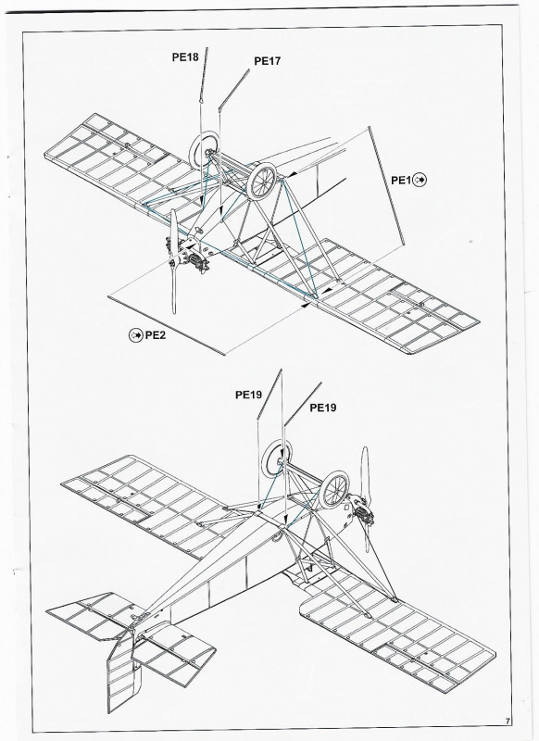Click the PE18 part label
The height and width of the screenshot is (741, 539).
coord(185,57)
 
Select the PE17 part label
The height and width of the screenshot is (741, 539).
coord(268,61)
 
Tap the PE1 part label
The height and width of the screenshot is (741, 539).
coord(401,180)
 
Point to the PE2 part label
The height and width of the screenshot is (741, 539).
coord(156,335)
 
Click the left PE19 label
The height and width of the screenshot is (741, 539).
coord(248,395)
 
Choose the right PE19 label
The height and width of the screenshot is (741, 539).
coord(323,408)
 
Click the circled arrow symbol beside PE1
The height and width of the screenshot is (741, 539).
coord(420,180)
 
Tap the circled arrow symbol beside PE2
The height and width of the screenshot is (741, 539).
coord(135,335)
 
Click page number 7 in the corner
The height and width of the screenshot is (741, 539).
coord(508,722)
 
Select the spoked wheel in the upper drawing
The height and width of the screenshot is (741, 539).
coord(263,181)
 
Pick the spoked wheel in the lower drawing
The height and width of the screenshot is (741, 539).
coord(334,490)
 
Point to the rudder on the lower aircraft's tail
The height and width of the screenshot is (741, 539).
coord(124,671)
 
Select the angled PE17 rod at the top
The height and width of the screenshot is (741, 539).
coord(233,90)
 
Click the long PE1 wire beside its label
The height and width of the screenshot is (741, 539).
coord(386,186)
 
